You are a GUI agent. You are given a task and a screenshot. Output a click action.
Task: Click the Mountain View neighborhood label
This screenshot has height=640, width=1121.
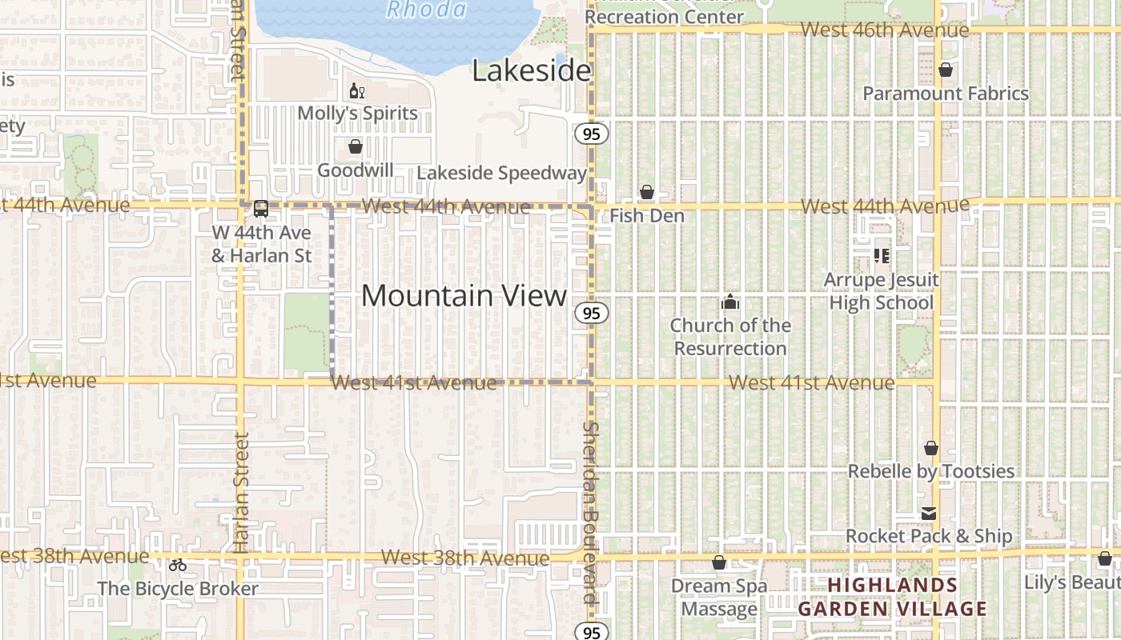point(464,295)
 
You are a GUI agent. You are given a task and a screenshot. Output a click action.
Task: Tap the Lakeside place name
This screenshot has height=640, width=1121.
point(531,71)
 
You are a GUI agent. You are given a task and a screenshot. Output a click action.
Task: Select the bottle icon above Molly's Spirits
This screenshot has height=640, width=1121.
point(356,91)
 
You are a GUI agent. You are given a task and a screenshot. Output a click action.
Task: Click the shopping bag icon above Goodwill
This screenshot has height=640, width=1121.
point(356,147)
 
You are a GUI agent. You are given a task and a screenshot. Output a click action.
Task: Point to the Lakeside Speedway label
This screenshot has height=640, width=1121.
point(502,173)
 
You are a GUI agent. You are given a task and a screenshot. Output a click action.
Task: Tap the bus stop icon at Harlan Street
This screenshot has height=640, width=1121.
point(261,209)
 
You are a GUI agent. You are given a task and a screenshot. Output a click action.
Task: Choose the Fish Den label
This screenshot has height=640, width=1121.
point(647,216)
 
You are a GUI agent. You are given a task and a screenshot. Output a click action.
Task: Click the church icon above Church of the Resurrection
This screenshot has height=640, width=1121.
point(729,302)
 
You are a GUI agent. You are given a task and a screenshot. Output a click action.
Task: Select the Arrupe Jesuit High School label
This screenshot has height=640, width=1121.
point(882,291)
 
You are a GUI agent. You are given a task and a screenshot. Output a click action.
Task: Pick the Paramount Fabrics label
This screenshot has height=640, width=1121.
point(946,94)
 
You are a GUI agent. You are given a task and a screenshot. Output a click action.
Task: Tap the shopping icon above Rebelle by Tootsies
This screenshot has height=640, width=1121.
point(931,448)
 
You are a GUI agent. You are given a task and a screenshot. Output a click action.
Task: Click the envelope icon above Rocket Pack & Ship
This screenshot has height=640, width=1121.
point(929,514)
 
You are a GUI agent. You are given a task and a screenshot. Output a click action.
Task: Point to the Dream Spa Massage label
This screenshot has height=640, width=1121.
point(718,598)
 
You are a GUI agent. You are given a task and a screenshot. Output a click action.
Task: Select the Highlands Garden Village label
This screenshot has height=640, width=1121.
point(893,597)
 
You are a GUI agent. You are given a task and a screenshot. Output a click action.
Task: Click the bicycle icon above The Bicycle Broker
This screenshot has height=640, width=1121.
point(178,565)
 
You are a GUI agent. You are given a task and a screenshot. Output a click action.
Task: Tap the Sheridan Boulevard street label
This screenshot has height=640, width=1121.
point(591,512)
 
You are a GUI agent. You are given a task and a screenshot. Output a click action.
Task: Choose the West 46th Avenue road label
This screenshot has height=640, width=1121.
point(885,30)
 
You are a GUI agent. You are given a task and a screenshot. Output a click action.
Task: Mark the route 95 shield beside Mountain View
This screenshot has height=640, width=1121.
point(592,313)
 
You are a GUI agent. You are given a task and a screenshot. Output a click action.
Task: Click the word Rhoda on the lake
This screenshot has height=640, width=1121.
point(426,10)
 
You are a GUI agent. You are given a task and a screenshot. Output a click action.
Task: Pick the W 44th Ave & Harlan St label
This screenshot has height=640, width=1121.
point(261,244)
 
